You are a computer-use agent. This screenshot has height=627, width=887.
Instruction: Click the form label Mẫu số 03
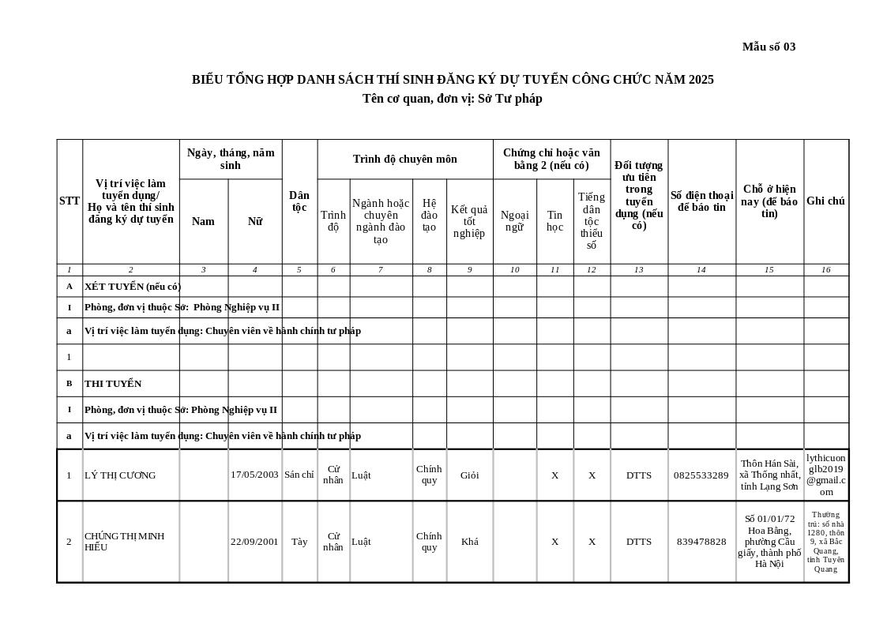pos(769,47)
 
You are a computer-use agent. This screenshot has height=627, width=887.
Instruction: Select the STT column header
pos(70,201)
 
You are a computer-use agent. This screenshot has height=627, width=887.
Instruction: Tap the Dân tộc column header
pos(299,201)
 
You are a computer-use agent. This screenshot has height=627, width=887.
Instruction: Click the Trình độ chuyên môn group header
pos(404,159)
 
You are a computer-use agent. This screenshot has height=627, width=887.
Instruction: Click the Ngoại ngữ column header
pos(514,221)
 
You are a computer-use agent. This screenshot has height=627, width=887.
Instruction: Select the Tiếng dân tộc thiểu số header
pos(592,221)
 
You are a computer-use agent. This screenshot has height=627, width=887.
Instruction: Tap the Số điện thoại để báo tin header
pos(701,201)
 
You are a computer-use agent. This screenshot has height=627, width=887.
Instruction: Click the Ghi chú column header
pos(825,201)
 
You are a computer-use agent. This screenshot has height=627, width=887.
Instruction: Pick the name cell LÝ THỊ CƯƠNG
pos(120,475)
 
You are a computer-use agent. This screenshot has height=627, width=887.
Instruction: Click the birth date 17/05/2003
pos(254,475)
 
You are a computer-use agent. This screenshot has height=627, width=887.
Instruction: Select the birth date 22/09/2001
pos(254,542)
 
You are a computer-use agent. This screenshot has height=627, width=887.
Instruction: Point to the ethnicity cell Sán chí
pos(299,475)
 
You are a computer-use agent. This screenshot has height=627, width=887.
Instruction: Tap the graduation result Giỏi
pos(469,475)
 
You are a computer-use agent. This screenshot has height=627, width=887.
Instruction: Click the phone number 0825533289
pos(701,475)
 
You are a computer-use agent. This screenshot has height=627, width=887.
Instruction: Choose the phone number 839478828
pos(701,542)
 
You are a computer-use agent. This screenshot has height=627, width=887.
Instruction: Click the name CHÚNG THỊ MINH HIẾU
pos(124,542)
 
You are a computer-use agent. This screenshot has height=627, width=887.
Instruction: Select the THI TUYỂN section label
pos(113,384)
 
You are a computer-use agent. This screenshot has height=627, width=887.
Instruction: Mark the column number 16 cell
pos(825,270)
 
